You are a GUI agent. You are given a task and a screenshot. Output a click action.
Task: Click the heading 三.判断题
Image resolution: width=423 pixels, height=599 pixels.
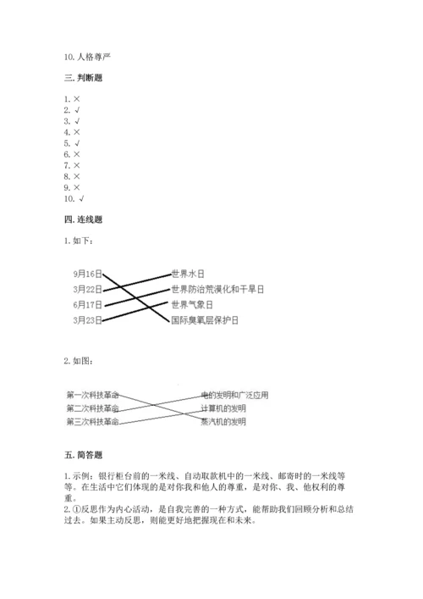pos(85,77)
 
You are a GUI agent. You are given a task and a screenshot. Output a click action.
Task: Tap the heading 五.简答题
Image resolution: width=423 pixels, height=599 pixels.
pos(85,455)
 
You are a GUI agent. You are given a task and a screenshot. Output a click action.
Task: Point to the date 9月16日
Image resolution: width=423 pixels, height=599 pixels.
pos(87,274)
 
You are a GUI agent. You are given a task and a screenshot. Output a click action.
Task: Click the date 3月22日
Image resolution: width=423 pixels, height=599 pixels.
pos(87,289)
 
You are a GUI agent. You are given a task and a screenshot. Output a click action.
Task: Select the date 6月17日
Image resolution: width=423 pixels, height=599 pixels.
pos(87,304)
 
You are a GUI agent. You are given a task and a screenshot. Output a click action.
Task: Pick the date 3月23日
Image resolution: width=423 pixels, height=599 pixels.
pos(87,319)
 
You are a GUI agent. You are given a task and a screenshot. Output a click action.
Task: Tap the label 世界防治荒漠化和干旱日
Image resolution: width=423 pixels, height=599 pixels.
pos(217,289)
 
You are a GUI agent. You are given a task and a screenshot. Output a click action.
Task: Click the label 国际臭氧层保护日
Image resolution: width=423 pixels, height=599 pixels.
pos(206,319)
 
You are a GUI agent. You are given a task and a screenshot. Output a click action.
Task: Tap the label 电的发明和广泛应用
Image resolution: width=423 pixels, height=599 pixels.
pos(234,394)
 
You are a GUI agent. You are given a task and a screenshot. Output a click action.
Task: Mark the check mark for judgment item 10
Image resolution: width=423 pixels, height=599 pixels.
pos(82,198)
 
